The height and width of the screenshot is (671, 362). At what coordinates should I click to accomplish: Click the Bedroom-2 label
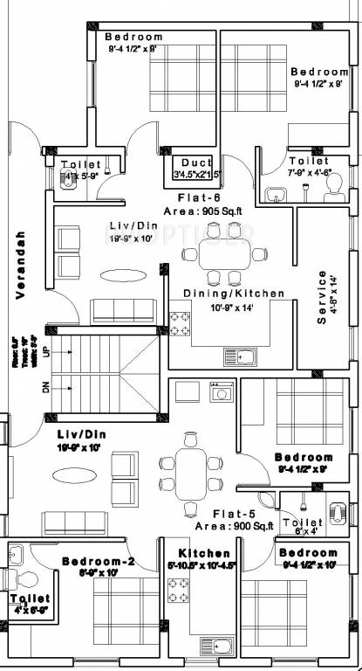pyautogui.click(x=98, y=561)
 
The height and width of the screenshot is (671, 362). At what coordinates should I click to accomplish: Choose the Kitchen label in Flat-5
pyautogui.click(x=204, y=553)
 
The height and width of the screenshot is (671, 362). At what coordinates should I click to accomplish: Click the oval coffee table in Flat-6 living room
pyautogui.click(x=128, y=273)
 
